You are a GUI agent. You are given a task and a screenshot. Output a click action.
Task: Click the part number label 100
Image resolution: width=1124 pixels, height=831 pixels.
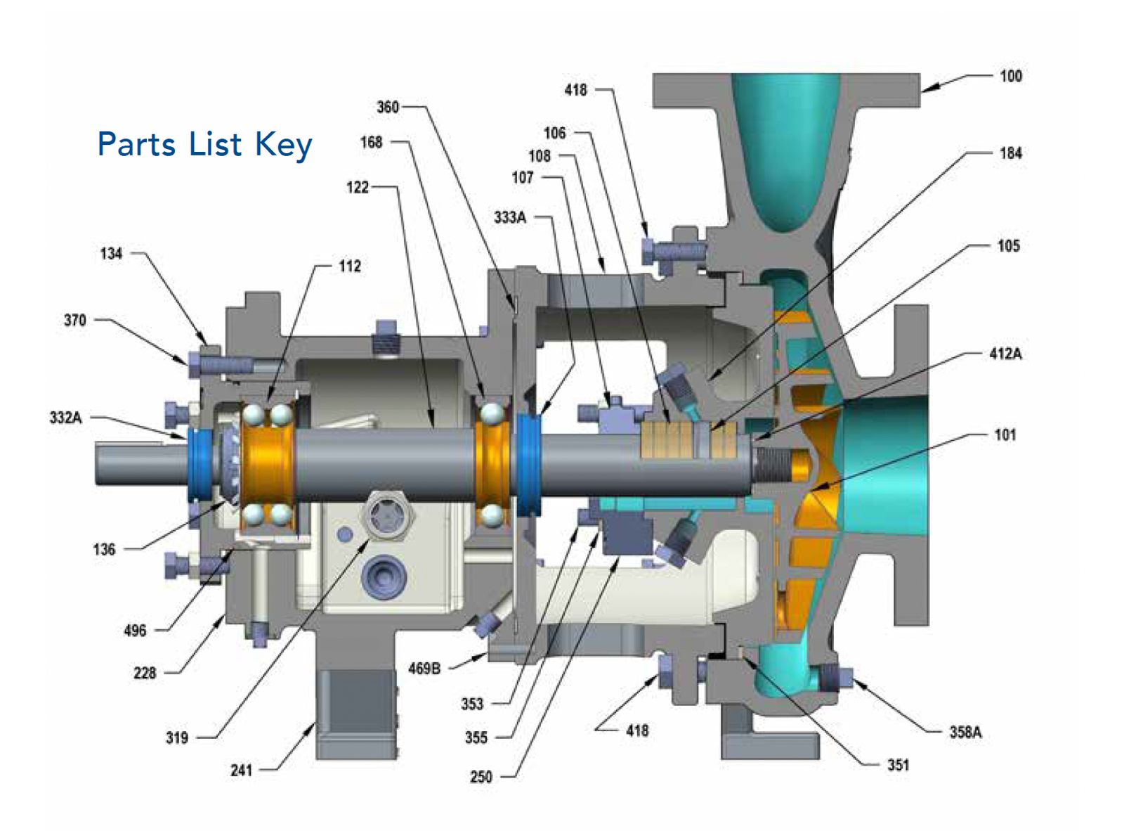(x=1010, y=77)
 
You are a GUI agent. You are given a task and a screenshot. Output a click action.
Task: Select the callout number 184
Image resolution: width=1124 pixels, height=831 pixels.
(x=1010, y=153)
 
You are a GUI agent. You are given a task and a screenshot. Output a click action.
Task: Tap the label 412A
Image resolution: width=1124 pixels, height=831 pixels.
(x=1005, y=354)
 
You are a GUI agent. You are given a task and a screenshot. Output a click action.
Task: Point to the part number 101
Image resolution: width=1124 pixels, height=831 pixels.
(x=1005, y=434)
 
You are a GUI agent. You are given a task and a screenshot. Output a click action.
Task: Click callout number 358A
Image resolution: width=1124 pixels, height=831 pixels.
(x=965, y=732)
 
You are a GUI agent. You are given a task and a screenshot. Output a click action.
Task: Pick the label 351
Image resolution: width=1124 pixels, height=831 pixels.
(x=898, y=765)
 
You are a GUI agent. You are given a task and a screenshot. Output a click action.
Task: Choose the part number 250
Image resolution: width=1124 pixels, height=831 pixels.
(x=481, y=777)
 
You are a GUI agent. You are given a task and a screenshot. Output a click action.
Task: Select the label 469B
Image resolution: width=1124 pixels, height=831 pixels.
(x=425, y=669)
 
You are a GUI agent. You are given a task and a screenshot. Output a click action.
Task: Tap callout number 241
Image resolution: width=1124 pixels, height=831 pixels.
(x=241, y=771)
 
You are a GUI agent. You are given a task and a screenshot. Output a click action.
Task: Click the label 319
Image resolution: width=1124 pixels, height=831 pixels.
(x=177, y=737)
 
